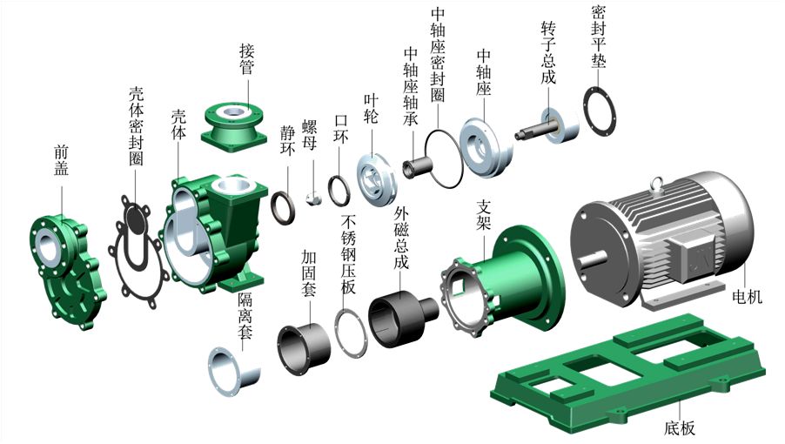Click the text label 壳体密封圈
pos(138,126)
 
